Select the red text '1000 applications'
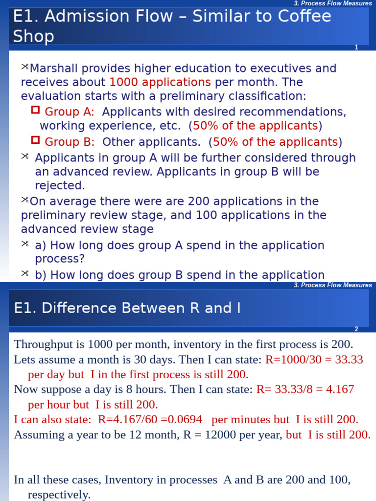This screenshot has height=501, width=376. pos(160,82)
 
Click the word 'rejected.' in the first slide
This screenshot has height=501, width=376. pos(60,186)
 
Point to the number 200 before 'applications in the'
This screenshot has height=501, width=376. pos(199,202)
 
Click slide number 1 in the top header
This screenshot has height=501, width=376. pos(356,47)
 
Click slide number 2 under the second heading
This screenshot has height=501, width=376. pos(356,329)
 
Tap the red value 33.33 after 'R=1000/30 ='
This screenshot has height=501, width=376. pos(348,360)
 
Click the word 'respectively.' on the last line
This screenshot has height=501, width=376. pos(59,495)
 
